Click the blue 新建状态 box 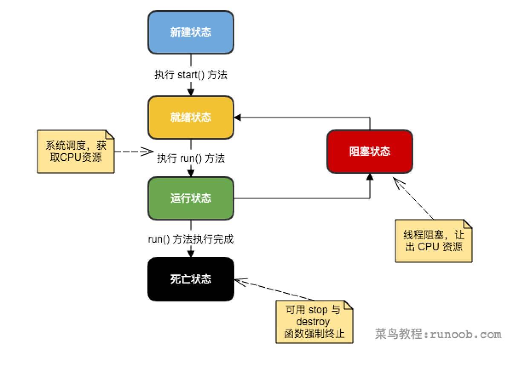pyautogui.click(x=191, y=33)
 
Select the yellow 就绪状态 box pyautogui.click(x=191, y=117)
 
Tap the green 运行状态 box pyautogui.click(x=191, y=198)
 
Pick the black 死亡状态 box pyautogui.click(x=191, y=279)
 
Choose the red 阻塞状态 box pyautogui.click(x=369, y=152)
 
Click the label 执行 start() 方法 pyautogui.click(x=191, y=75)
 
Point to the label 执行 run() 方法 pyautogui.click(x=191, y=158)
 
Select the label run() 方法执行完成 pyautogui.click(x=191, y=239)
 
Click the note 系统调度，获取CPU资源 pyautogui.click(x=76, y=151)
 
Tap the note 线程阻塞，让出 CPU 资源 pyautogui.click(x=434, y=241)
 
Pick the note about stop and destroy pyautogui.click(x=314, y=321)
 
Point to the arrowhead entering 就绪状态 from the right pyautogui.click(x=237, y=117)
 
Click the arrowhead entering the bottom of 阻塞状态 pyautogui.click(x=369, y=177)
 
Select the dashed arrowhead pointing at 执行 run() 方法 pyautogui.click(x=148, y=151)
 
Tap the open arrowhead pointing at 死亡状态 pyautogui.click(x=240, y=281)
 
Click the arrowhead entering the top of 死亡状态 pyautogui.click(x=191, y=254)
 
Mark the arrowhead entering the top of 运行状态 pyautogui.click(x=191, y=173)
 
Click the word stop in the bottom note pyautogui.click(x=318, y=310)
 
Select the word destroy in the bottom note pyautogui.click(x=314, y=321)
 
